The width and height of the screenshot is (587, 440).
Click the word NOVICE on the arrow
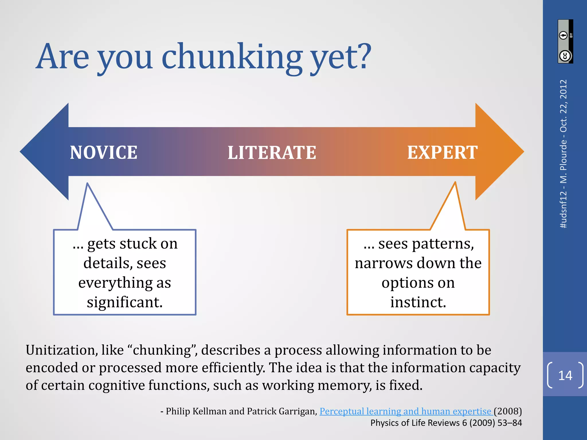tap(103, 152)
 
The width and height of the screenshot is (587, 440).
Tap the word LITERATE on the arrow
tap(272, 152)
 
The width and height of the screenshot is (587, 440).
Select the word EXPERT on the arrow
tap(442, 152)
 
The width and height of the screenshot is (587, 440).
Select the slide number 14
tap(565, 375)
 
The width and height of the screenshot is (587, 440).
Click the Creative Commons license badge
tap(565, 42)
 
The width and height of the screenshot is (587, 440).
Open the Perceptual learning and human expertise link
tap(405, 411)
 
